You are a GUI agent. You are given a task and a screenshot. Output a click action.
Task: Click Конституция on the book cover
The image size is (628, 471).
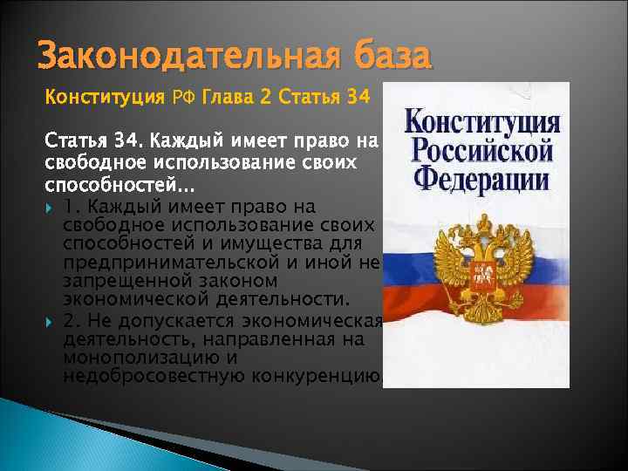pos(482,123)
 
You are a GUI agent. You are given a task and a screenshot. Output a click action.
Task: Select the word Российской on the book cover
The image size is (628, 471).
pos(482,149)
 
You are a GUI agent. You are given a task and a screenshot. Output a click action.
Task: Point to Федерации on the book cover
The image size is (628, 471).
pos(482,179)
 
